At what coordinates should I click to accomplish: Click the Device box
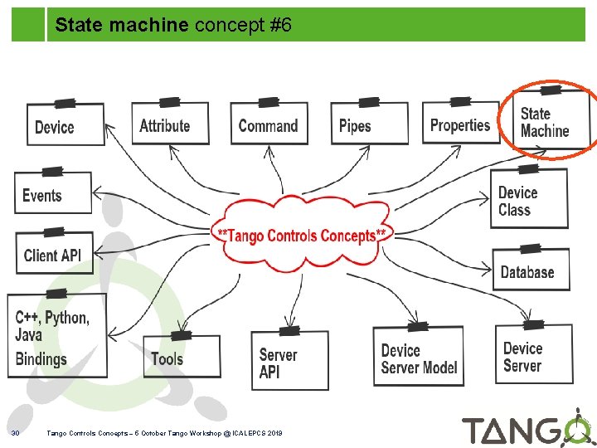(x=66, y=125)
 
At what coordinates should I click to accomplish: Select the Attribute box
(x=170, y=124)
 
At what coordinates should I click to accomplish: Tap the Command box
(x=268, y=124)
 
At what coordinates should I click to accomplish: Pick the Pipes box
(x=369, y=124)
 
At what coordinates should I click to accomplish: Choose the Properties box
(x=460, y=124)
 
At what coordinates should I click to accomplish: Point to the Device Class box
(x=528, y=200)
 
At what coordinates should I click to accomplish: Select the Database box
(x=530, y=270)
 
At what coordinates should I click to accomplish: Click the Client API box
(x=53, y=253)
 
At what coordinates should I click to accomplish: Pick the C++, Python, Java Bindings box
(x=56, y=337)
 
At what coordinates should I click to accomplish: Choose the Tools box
(x=181, y=357)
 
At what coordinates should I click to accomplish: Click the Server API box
(x=289, y=362)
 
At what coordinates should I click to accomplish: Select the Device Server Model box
(x=419, y=358)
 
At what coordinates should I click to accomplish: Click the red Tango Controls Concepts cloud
(x=301, y=235)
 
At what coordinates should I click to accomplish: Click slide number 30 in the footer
(x=15, y=433)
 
